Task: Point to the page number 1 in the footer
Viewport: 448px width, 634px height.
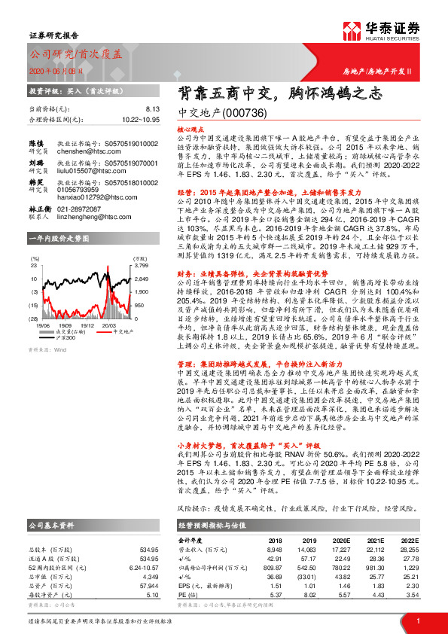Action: (x=417, y=620)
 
